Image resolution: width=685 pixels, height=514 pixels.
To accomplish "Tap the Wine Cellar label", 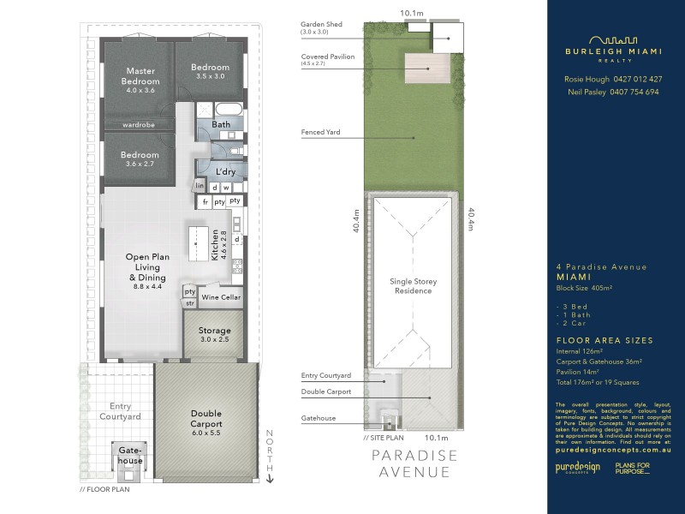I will coord(221,297).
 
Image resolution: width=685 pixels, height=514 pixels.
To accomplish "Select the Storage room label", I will coord(215,334).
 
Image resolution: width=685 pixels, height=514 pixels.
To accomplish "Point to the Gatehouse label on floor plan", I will coord(130,454).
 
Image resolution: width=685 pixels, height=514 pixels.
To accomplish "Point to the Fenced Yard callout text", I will coord(322,133).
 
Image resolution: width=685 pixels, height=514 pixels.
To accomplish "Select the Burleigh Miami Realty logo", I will coord(616,47).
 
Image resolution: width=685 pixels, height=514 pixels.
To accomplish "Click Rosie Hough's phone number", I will coord(634,79).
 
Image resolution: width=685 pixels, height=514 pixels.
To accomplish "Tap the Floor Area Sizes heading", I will coord(605,340).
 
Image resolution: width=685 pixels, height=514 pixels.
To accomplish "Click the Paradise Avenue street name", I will coord(414,463).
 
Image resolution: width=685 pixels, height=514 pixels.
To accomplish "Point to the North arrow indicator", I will coord(270,455).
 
